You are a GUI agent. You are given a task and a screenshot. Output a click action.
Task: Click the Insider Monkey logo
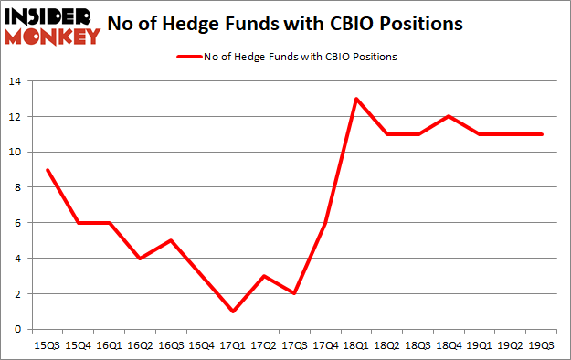coord(52,25)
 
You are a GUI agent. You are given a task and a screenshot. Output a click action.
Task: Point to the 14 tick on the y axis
coord(15,81)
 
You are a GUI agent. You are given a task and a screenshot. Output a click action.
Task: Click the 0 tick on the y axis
coord(18,329)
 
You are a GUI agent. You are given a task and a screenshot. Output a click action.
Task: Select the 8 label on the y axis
coord(18,187)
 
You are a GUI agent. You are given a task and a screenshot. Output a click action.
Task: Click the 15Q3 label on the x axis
coord(48,345)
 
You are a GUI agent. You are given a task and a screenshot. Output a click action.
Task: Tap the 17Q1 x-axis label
coord(234,345)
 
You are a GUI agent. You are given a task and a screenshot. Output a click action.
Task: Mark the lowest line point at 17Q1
coord(234,312)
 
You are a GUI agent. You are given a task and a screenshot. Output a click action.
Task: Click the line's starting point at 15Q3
coord(48,170)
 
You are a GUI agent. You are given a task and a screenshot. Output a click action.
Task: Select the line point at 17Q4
coord(326,223)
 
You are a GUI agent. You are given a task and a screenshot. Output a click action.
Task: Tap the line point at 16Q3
coord(172,240)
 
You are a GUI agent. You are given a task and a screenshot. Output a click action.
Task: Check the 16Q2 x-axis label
coord(141,345)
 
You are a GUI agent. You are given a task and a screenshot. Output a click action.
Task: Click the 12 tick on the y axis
coord(15,116)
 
